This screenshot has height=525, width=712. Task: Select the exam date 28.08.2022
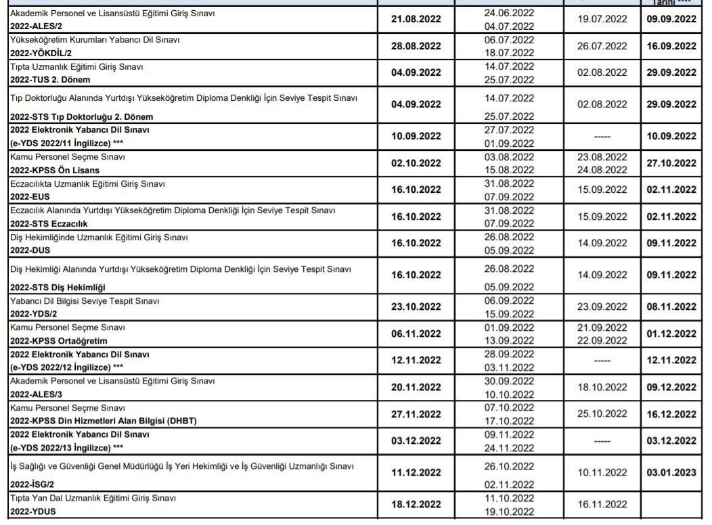coord(416,46)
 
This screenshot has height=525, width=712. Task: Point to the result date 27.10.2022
coord(671,163)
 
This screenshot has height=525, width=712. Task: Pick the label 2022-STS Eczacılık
coord(49,223)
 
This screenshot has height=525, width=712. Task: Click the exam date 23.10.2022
coord(416,306)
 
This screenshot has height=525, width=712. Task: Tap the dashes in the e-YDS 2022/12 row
coord(602,361)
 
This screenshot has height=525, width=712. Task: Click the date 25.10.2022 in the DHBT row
coord(602,414)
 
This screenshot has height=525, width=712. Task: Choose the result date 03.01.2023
coord(671,473)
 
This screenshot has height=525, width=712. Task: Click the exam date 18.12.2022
coord(416,505)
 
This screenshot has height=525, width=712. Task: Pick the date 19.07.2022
coord(602,20)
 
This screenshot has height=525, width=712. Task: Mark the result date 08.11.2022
coord(671,306)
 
